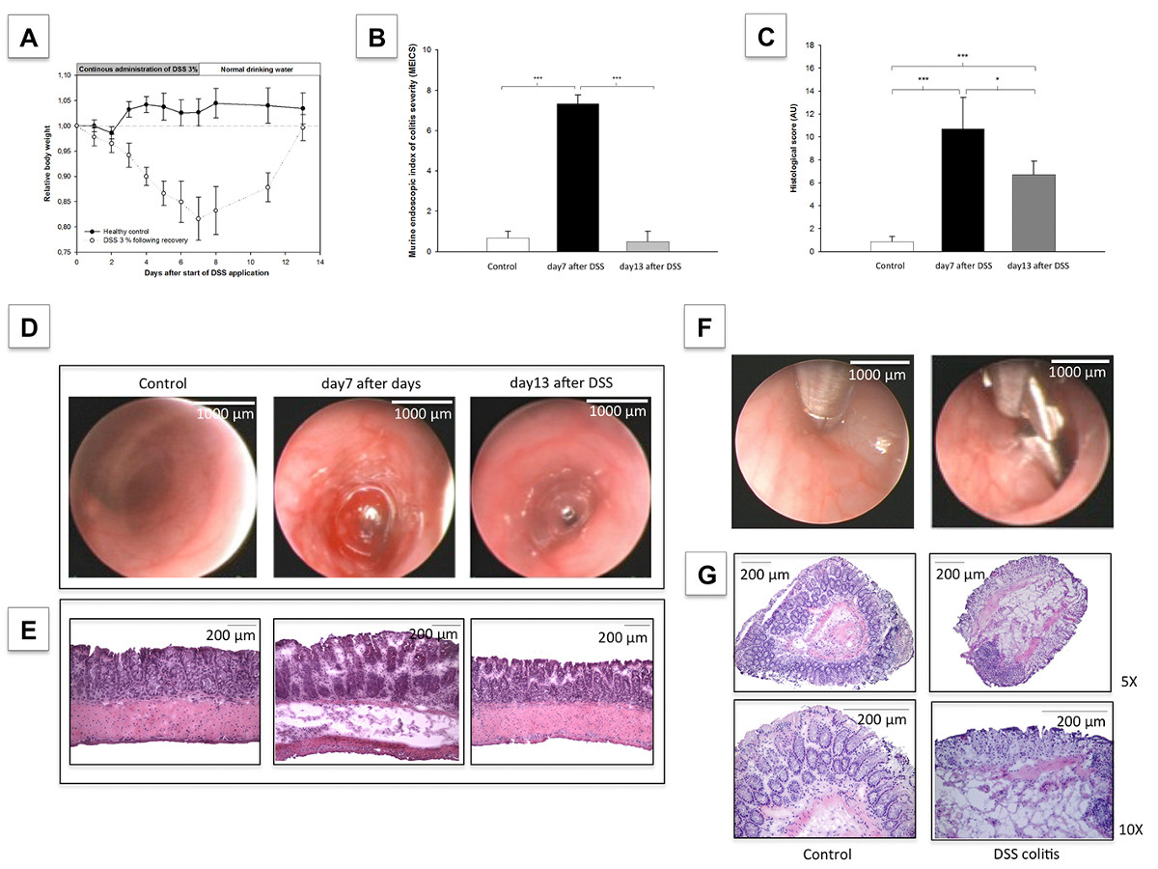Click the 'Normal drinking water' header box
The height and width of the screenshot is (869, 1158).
click(259, 69)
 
